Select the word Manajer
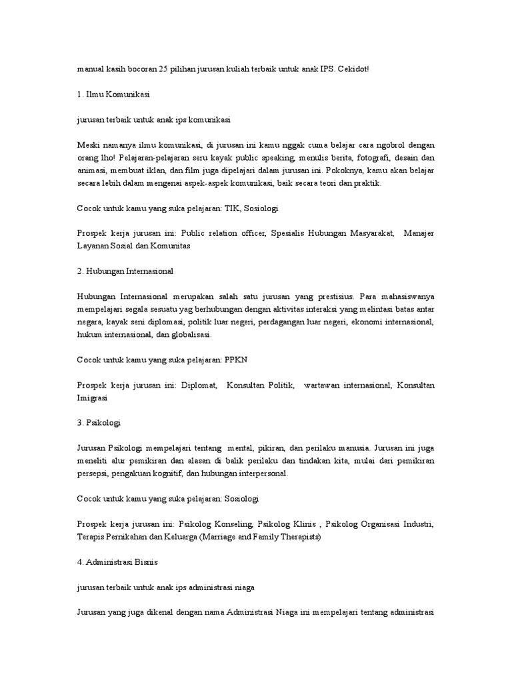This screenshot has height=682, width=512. pyautogui.click(x=419, y=234)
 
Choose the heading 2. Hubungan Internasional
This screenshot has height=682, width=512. pyautogui.click(x=125, y=271)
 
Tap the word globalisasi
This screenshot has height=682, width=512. pyautogui.click(x=189, y=334)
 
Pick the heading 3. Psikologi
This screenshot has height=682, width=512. pyautogui.click(x=99, y=423)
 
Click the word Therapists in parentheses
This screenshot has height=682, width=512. pyautogui.click(x=299, y=537)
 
